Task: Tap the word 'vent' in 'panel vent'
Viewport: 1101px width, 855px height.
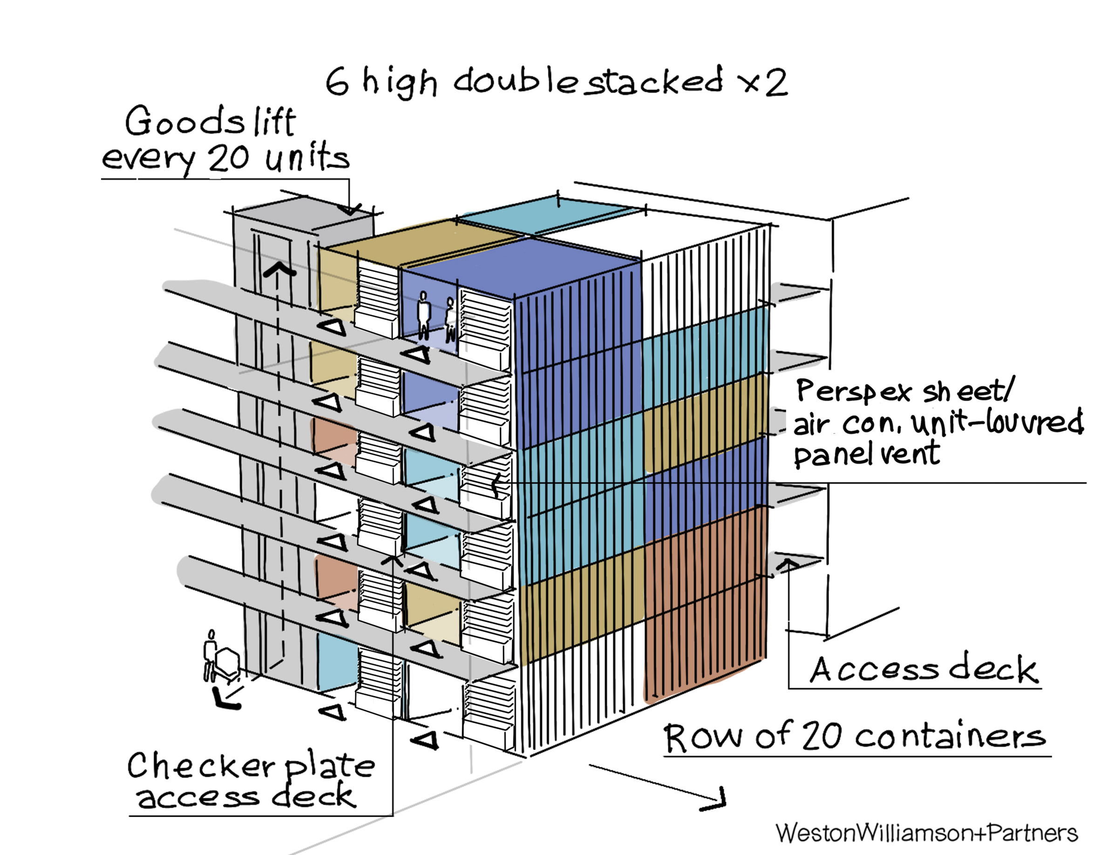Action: point(910,453)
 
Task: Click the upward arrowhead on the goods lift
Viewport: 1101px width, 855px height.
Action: point(279,270)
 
